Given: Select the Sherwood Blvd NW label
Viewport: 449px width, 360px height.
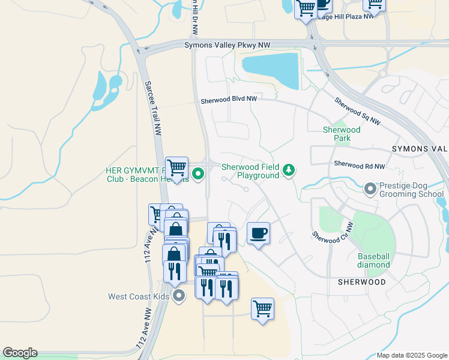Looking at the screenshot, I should pyautogui.click(x=229, y=99).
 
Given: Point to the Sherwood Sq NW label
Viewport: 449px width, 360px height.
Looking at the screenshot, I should pyautogui.click(x=357, y=112).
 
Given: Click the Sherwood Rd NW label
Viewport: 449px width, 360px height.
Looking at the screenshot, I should pyautogui.click(x=359, y=164).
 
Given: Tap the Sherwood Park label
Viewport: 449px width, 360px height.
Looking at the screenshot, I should pyautogui.click(x=342, y=134).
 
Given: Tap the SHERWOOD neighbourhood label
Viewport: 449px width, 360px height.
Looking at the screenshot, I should pyautogui.click(x=361, y=281).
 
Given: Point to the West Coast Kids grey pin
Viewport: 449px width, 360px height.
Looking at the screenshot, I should pyautogui.click(x=179, y=296).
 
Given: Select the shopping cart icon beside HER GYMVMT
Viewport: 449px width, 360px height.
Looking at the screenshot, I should pyautogui.click(x=176, y=167).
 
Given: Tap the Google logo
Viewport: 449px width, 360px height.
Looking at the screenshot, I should pyautogui.click(x=20, y=353).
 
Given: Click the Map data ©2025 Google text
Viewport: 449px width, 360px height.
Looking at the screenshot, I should pyautogui.click(x=411, y=355).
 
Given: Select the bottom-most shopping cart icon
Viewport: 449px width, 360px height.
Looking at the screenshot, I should pyautogui.click(x=262, y=309).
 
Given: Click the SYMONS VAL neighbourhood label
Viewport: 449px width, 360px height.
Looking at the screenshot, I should pyautogui.click(x=420, y=148).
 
